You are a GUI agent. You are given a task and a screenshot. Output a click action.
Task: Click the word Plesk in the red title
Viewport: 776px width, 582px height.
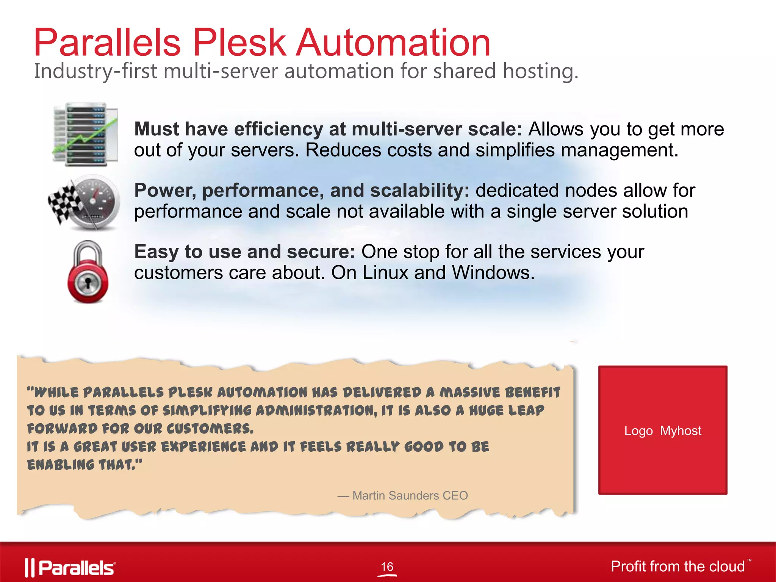tap(239, 42)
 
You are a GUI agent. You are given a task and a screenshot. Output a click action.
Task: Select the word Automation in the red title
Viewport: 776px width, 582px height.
tap(393, 42)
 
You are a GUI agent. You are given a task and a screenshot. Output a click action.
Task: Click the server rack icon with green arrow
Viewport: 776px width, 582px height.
tap(86, 134)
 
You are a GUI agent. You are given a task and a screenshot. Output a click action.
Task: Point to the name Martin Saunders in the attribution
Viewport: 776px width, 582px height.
tap(395, 495)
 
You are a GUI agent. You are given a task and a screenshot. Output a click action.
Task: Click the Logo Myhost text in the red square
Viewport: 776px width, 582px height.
tap(663, 431)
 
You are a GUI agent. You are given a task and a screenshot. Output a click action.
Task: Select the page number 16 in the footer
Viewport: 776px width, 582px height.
tap(387, 566)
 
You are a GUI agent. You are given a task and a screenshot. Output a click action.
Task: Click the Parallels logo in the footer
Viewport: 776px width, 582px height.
tap(70, 568)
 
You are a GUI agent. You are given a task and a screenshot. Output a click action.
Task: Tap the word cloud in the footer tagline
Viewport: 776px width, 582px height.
tap(726, 566)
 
